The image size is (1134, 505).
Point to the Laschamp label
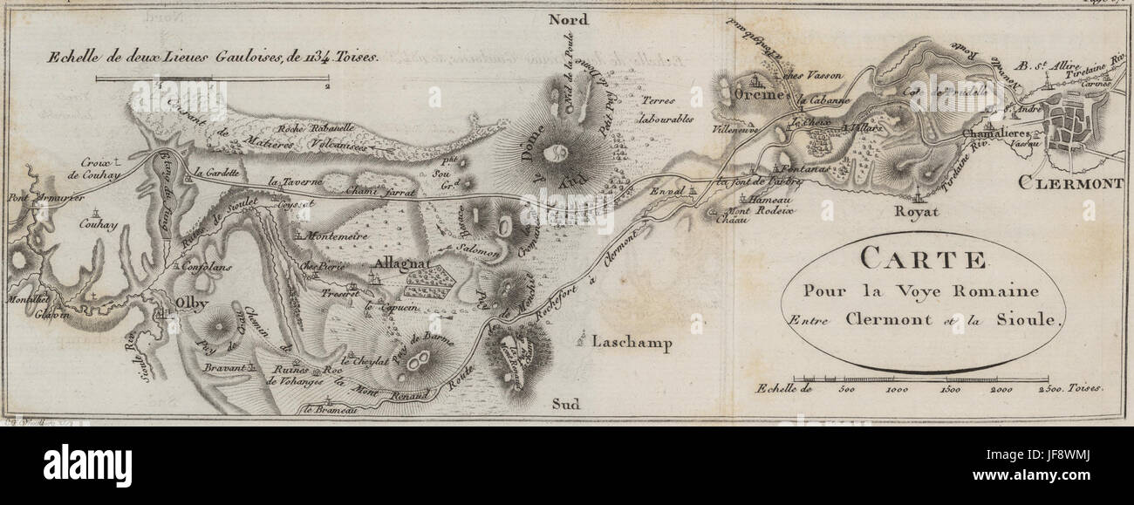(x=633, y=343)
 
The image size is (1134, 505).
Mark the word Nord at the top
(x=569, y=20)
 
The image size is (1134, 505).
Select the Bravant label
(x=225, y=369)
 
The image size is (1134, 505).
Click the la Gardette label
(x=219, y=172)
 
